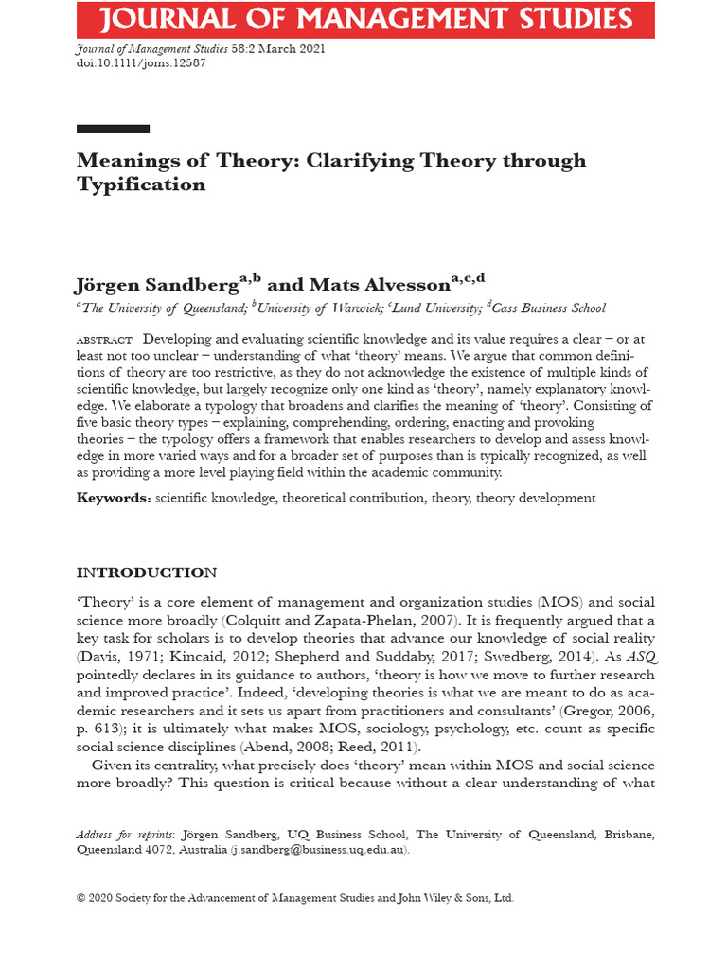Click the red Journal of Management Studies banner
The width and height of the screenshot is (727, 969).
pyautogui.click(x=365, y=20)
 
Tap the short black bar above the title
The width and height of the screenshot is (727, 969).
pyautogui.click(x=113, y=129)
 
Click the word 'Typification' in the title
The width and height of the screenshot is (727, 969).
pyautogui.click(x=141, y=185)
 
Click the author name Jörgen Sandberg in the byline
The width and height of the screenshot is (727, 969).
pyautogui.click(x=156, y=286)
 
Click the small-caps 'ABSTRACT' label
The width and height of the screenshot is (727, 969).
pyautogui.click(x=104, y=339)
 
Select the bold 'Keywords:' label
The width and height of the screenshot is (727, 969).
pyautogui.click(x=114, y=498)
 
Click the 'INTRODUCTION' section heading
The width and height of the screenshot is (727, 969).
pyautogui.click(x=146, y=573)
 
